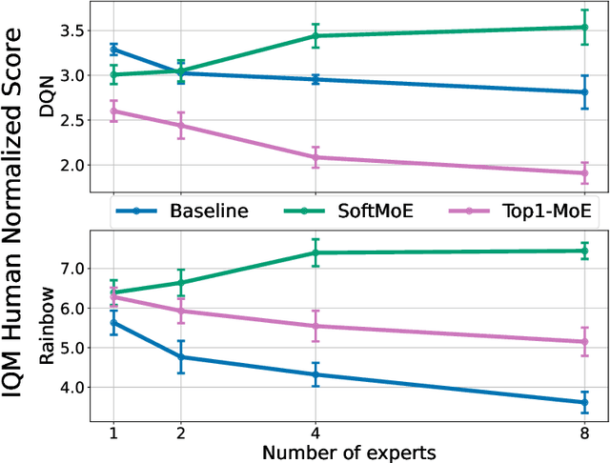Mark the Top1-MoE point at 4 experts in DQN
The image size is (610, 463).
tap(315, 157)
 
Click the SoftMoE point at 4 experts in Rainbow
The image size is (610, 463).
tap(315, 252)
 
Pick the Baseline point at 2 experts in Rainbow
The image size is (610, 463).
tap(181, 357)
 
